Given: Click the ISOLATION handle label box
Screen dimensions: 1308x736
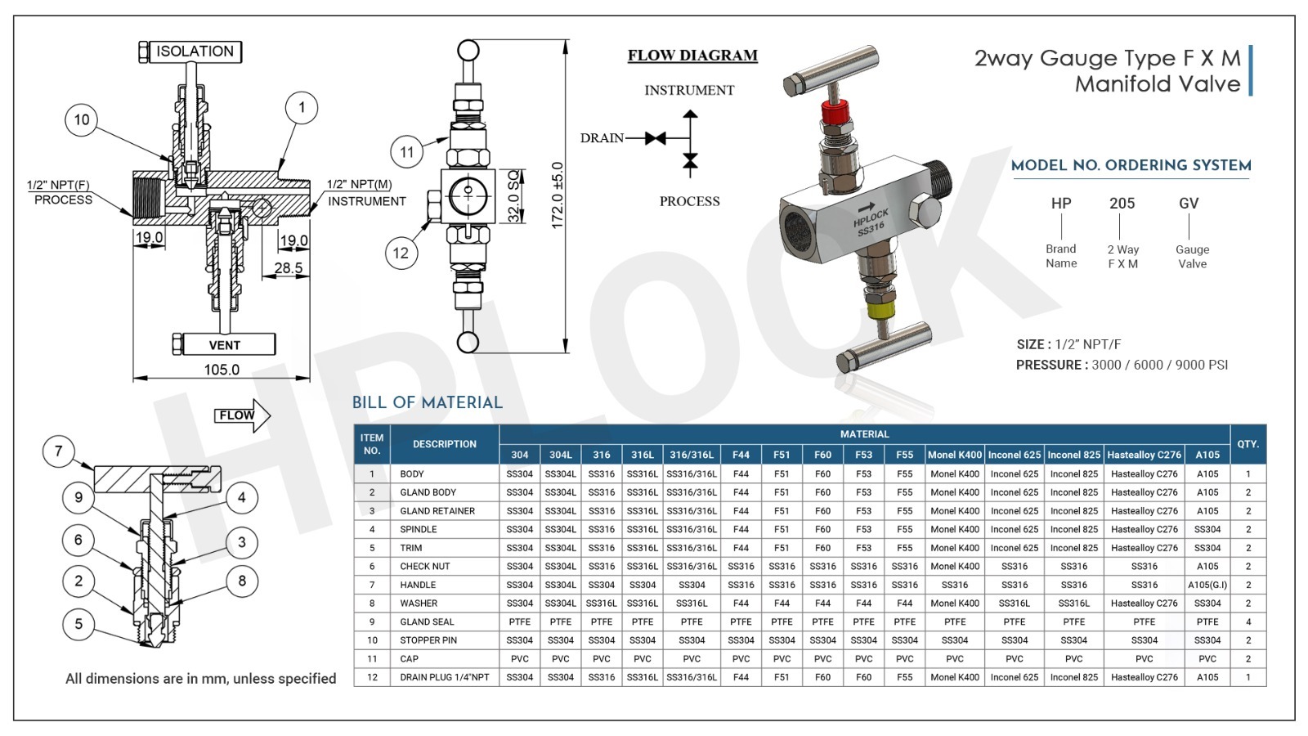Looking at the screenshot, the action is (x=195, y=52).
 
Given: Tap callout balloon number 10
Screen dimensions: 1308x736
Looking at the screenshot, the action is (x=81, y=119).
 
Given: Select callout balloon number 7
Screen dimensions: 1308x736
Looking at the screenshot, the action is (x=58, y=451).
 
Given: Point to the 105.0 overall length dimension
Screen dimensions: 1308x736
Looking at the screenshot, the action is (x=222, y=370).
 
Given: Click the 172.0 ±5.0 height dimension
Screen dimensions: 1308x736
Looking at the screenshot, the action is (x=558, y=195).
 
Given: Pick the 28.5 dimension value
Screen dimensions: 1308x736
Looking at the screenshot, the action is (x=289, y=268).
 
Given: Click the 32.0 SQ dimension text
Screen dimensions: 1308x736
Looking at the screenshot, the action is (x=513, y=196).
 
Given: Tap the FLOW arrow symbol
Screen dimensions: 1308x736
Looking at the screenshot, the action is (x=242, y=416).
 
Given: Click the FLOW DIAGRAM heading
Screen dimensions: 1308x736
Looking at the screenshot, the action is (x=692, y=56).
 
